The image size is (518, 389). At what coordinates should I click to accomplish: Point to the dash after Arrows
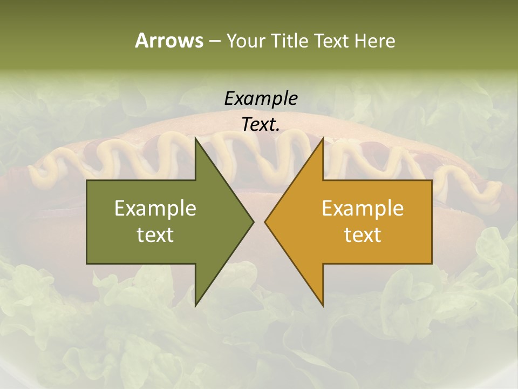coord(214,41)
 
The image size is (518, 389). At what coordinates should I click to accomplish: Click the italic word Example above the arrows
coord(261,98)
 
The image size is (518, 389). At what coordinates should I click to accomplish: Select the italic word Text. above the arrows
coord(261,124)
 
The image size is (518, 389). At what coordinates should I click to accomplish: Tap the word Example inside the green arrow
coord(155,208)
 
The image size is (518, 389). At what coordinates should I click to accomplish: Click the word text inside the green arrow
coord(155,234)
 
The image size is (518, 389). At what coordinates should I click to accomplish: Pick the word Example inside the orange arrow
coord(363,208)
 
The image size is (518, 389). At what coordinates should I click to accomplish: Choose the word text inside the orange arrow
coord(363,234)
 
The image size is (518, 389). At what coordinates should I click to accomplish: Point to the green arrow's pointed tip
coord(253,222)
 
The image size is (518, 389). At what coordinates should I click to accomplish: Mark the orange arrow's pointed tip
coord(266,222)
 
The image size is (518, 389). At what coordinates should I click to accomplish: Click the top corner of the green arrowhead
coord(196,139)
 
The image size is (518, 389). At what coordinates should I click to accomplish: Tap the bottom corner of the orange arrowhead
coord(322,305)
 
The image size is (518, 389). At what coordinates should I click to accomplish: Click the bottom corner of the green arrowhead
coord(196,305)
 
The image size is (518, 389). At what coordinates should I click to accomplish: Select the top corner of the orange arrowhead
coord(322,139)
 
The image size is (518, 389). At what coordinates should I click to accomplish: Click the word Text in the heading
coord(332,41)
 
